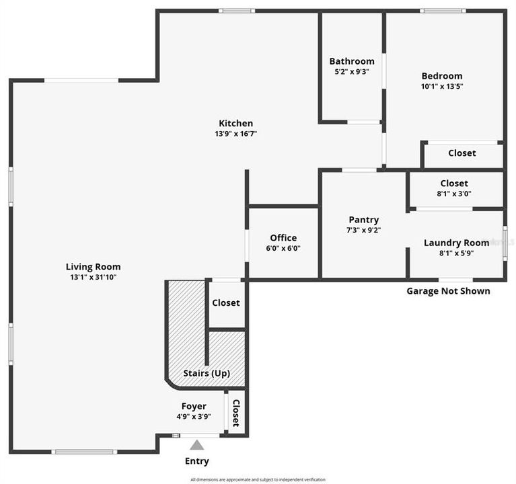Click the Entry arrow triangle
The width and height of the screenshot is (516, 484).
tap(196, 444)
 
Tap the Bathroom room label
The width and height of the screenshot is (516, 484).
tap(352, 61)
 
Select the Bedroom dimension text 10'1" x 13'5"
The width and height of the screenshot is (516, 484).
tap(442, 86)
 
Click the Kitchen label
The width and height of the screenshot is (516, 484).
tap(235, 123)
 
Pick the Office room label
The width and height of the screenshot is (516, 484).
tap(283, 238)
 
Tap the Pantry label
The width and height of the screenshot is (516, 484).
tap(363, 220)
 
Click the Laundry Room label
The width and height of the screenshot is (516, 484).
tap(456, 243)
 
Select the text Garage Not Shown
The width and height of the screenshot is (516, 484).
tap(448, 291)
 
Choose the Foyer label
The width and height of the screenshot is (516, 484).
tap(194, 406)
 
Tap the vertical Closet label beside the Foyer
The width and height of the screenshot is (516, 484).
tap(236, 413)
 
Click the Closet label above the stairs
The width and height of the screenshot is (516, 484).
tap(225, 303)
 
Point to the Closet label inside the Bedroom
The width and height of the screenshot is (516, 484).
tap(462, 153)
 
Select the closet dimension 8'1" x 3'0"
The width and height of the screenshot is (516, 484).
tap(454, 194)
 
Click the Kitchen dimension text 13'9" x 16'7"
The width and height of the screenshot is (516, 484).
tap(235, 134)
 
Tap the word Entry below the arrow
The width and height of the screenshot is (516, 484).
tap(196, 461)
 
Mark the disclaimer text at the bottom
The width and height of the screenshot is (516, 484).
tap(258, 479)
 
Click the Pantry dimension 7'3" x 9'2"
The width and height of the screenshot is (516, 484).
tap(363, 231)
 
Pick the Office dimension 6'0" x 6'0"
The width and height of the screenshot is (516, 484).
tap(283, 248)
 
